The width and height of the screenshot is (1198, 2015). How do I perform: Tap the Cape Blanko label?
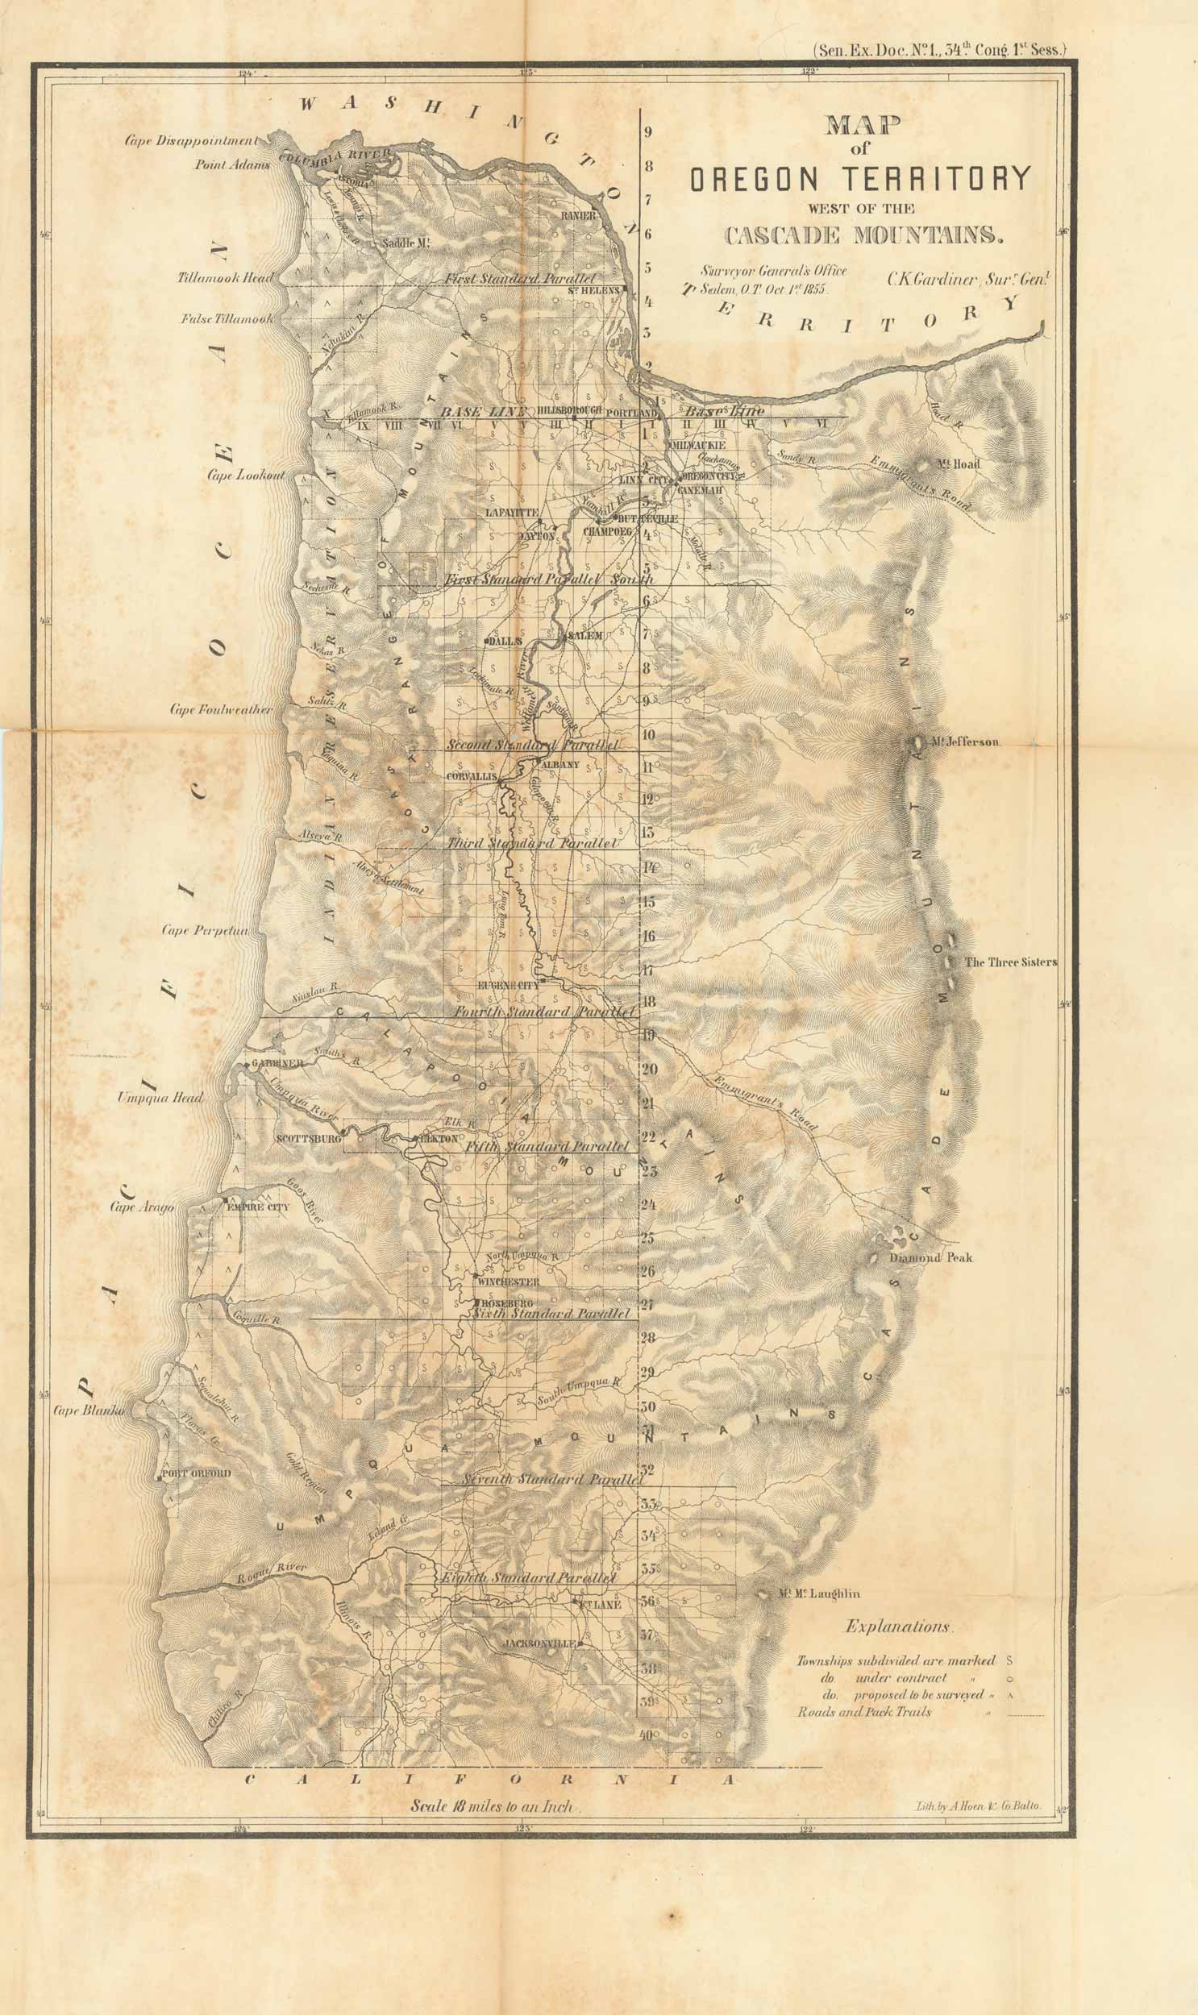[x=89, y=1411]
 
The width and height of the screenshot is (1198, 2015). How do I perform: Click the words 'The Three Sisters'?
[x=1011, y=962]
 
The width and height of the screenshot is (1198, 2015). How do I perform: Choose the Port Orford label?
[x=197, y=1473]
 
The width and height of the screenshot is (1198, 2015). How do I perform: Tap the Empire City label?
[x=256, y=1207]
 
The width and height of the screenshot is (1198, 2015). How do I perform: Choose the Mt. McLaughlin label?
[x=818, y=1593]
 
